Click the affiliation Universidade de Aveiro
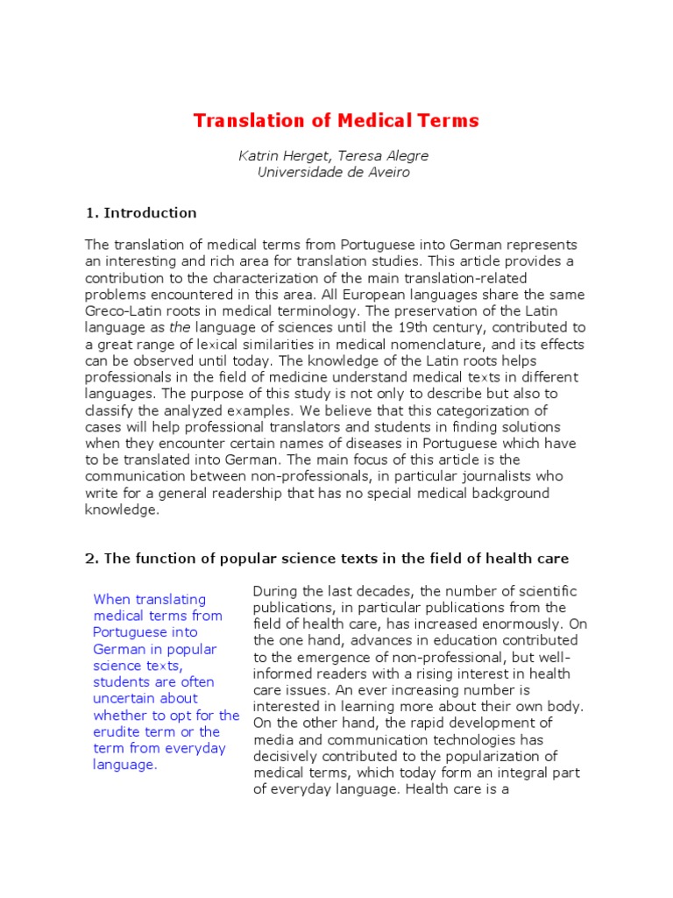[333, 173]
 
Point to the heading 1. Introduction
[141, 213]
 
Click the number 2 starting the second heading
[90, 559]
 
